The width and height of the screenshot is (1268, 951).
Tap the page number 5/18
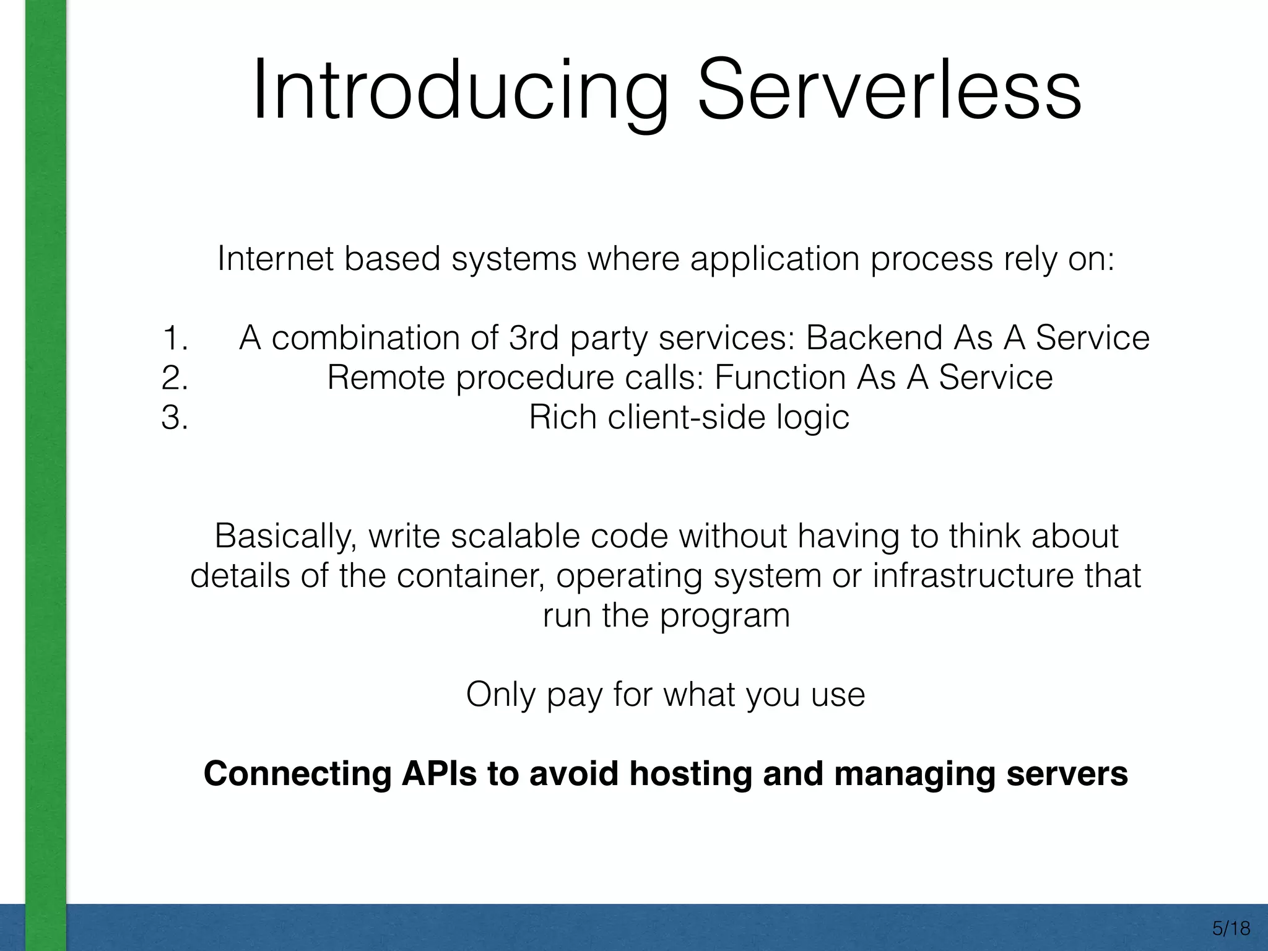click(1231, 928)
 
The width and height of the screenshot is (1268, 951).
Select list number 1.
click(175, 339)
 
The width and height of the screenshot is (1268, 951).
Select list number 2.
click(175, 378)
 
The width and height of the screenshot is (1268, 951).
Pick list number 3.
click(175, 418)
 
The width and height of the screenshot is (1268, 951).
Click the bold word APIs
click(439, 774)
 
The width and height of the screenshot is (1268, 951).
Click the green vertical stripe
click(45, 433)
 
